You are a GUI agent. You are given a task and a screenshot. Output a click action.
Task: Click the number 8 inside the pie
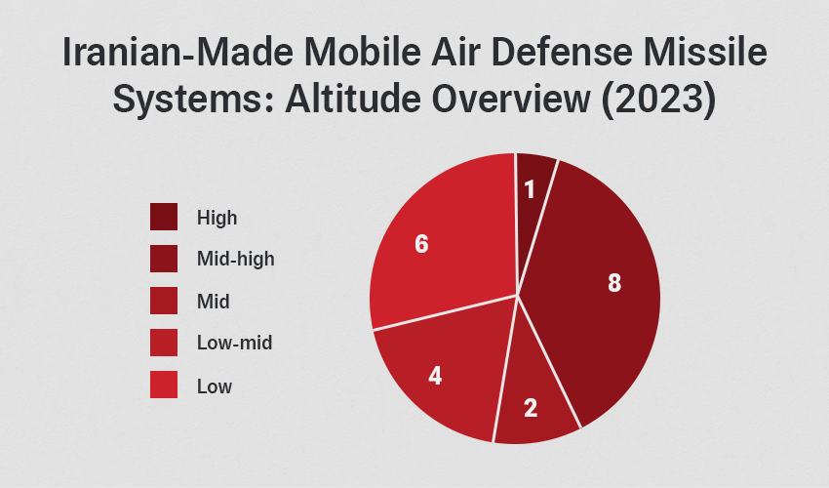(x=613, y=283)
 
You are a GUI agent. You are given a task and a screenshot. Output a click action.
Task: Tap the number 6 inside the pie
(x=421, y=244)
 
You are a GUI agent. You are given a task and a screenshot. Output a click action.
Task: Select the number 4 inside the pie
(x=435, y=375)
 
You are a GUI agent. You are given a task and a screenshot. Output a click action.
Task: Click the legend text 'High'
(x=217, y=218)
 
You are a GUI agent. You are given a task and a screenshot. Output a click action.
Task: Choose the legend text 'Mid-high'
(x=235, y=260)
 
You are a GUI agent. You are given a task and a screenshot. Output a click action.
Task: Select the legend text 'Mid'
(x=213, y=302)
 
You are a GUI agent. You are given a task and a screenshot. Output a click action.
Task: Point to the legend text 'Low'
(x=215, y=386)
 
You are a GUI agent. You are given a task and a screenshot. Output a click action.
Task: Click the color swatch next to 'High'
(x=164, y=217)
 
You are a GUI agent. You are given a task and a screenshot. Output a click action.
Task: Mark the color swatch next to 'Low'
(x=164, y=386)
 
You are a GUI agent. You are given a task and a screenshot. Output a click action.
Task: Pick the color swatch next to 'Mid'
(x=164, y=302)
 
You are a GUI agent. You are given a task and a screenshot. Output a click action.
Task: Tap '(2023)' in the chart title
(x=651, y=101)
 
